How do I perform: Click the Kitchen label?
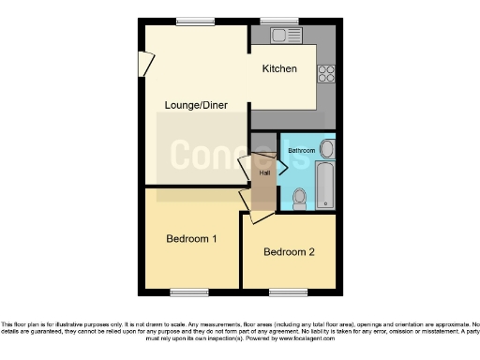coord(279,68)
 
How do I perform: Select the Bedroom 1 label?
coord(191,239)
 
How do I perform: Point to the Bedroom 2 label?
coord(289,251)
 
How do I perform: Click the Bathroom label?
coord(301,150)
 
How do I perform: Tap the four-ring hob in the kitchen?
coord(327,72)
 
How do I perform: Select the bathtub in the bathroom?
coord(324,186)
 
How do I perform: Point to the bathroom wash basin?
coord(325,149)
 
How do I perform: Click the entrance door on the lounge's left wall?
coord(145,63)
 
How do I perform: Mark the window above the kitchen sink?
coord(279,21)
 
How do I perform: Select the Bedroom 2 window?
coord(288,292)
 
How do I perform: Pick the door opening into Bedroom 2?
coord(260,217)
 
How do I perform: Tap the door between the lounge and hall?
coord(246,168)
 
